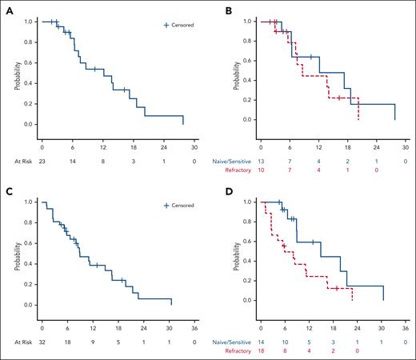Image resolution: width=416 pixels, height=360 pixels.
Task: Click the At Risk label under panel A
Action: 17,161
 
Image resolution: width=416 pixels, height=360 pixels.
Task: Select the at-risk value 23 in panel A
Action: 42,161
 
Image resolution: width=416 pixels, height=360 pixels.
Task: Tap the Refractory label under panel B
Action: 238,170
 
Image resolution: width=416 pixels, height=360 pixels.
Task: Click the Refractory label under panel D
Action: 238,350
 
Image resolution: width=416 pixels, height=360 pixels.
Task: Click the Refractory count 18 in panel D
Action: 261,350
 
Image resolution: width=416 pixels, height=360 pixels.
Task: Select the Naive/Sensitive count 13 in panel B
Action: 261,161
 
